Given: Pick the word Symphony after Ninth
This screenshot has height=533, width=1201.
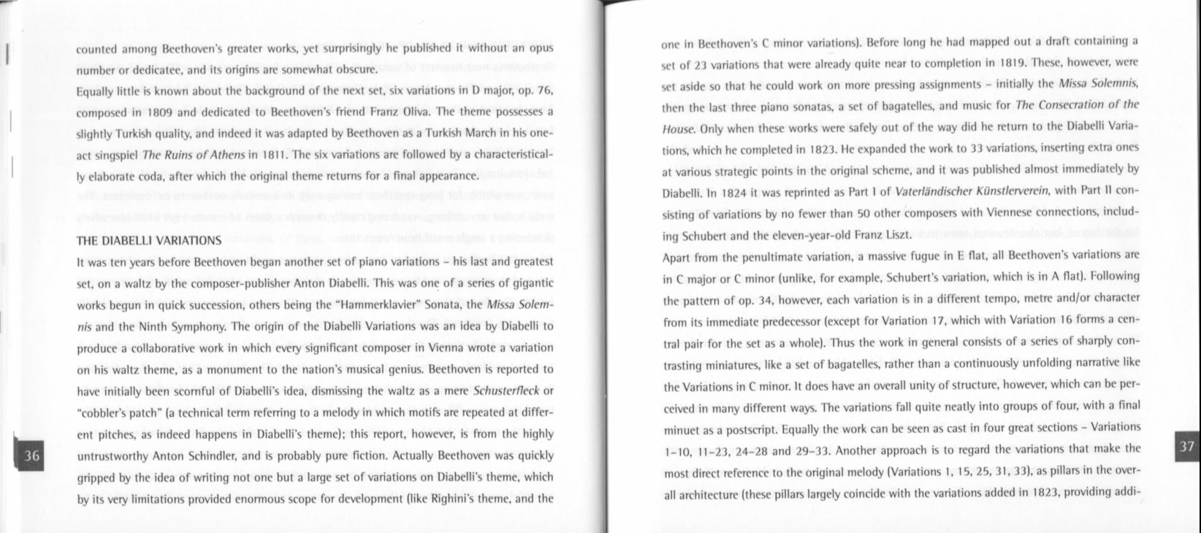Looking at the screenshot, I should [x=199, y=326].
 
